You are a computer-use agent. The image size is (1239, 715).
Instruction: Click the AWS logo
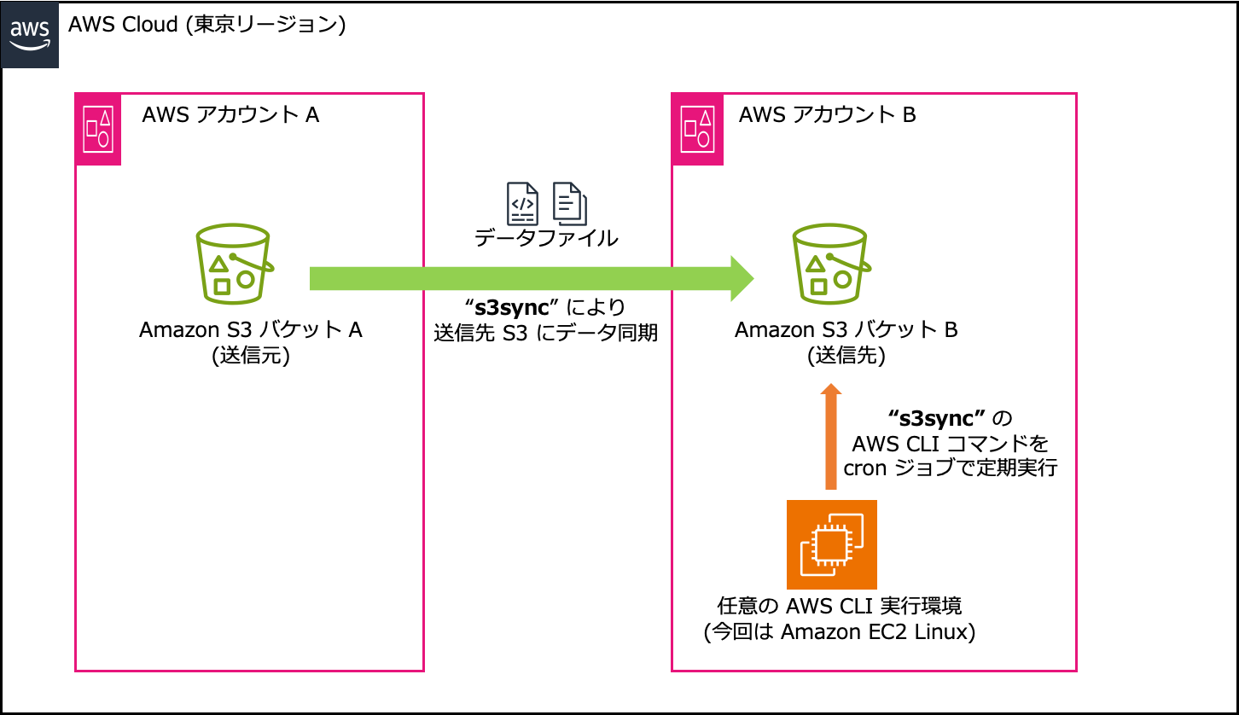30,34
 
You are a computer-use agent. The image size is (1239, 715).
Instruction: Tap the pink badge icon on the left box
98,129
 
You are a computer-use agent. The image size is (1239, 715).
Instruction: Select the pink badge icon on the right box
697,129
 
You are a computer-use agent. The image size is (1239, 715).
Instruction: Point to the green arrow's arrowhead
742,278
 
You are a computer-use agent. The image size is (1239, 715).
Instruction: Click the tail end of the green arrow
313,278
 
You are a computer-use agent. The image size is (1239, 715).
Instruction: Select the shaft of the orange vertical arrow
831,444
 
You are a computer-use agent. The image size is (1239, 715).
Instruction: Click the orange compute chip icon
832,544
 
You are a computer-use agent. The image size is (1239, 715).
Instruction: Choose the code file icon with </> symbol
522,204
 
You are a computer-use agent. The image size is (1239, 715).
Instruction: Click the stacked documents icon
569,204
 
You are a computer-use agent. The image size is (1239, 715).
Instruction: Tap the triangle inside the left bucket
218,264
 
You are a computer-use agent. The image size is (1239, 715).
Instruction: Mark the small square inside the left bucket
222,287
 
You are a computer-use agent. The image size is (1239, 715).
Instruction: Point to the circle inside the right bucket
842,279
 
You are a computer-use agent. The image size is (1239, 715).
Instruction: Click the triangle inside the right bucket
815,264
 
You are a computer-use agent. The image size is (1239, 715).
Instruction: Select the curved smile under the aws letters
30,44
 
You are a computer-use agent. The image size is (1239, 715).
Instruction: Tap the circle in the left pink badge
103,139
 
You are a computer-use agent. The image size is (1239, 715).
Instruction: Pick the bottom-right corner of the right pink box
1076,671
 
